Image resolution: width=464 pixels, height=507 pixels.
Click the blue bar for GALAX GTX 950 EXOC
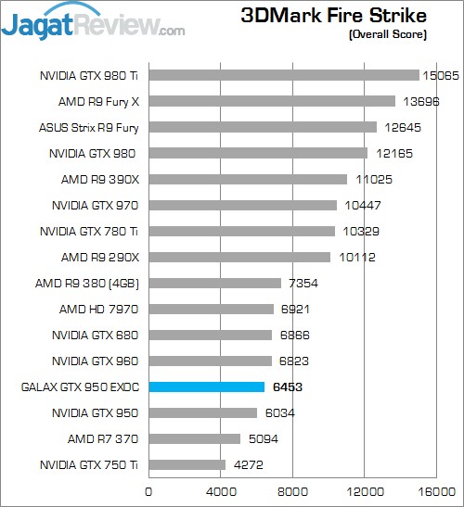[207, 387]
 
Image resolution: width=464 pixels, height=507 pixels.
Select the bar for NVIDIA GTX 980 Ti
[284, 75]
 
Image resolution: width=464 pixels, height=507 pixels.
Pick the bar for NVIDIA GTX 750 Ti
[187, 464]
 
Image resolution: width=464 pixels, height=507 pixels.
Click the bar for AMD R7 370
[194, 438]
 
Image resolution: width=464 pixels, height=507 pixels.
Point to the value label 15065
[442, 75]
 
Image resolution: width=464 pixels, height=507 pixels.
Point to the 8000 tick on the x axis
[292, 490]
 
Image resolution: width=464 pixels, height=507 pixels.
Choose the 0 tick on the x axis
[148, 490]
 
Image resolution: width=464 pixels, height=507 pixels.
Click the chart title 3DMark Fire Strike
[334, 16]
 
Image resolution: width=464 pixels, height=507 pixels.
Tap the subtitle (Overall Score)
[388, 35]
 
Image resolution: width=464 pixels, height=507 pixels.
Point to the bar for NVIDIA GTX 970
[242, 205]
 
